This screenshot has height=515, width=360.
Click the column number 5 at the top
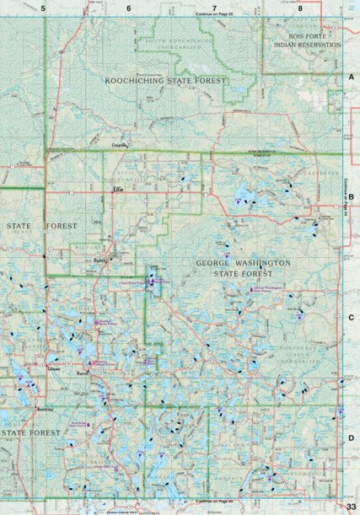click(43, 8)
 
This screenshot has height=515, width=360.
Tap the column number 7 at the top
click(215, 8)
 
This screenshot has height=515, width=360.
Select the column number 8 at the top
click(300, 8)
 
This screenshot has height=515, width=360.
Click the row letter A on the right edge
click(351, 77)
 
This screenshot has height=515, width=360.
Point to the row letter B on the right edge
click(351, 196)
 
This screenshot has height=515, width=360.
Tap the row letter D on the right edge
click(351, 437)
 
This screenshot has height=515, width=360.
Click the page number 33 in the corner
click(349, 506)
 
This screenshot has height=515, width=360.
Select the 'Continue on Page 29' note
click(213, 15)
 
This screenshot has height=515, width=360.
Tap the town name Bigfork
click(102, 260)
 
